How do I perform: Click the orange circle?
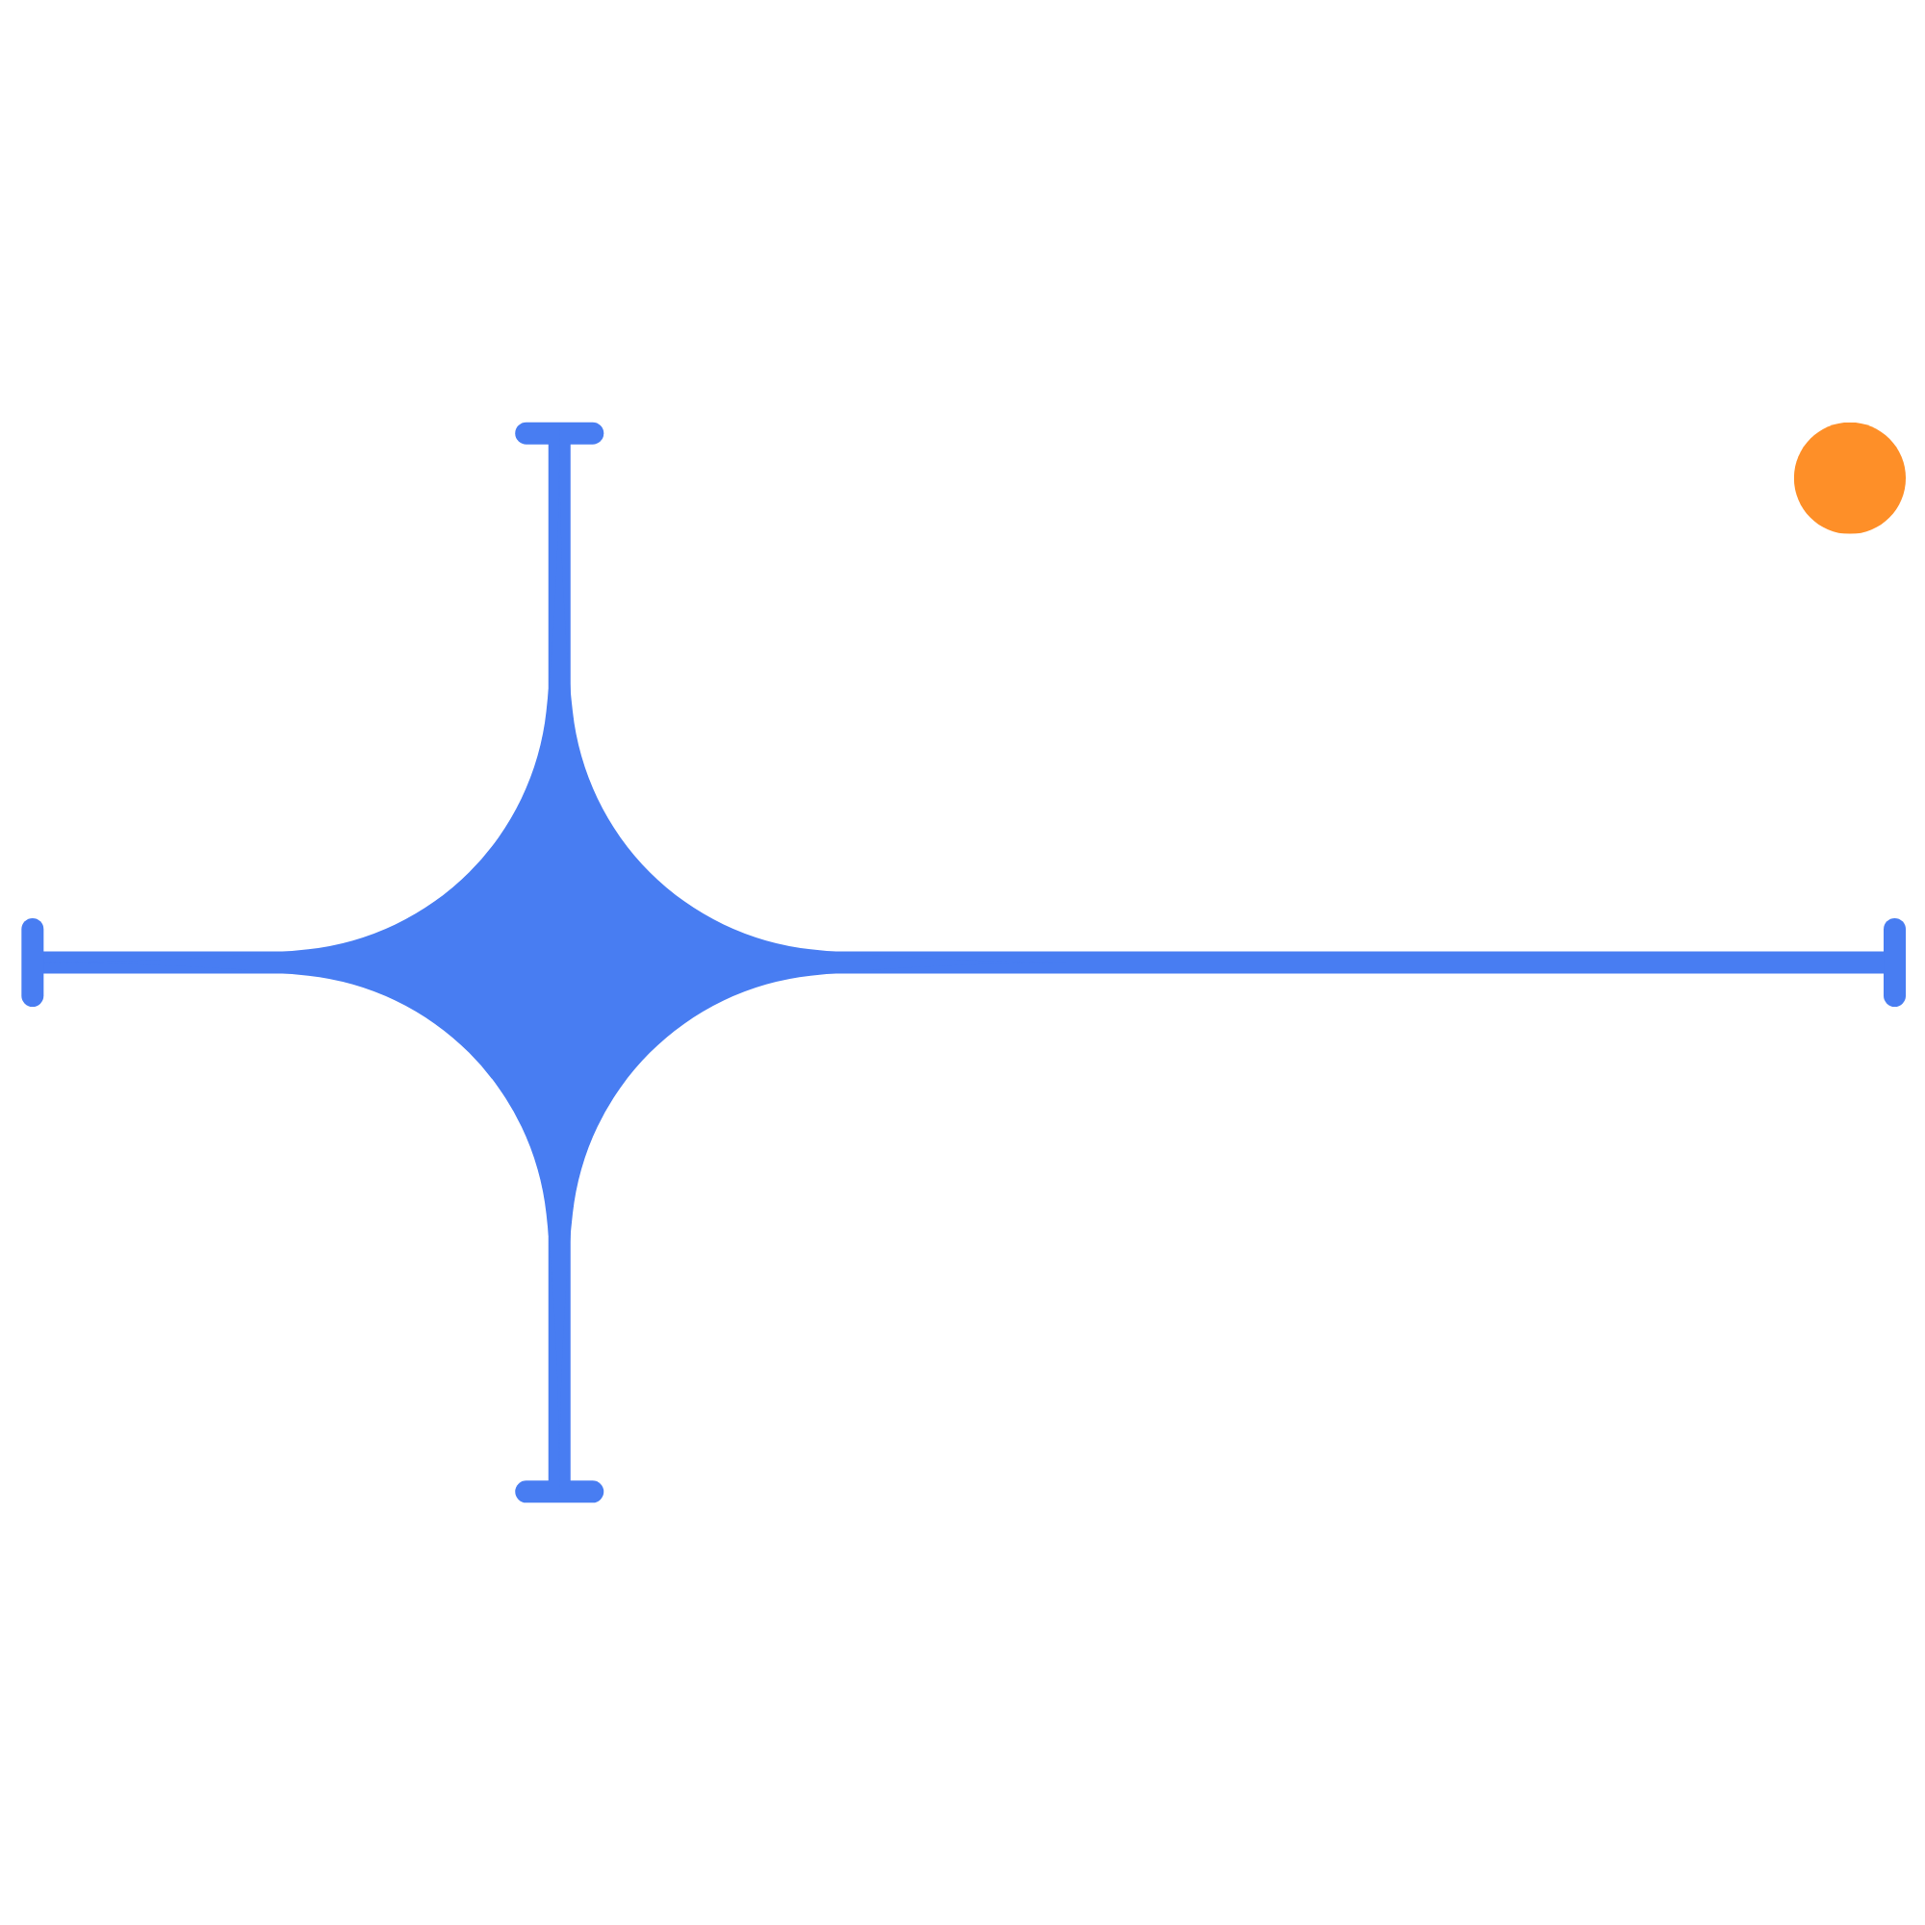point(1849,477)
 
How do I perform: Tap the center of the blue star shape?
point(559,962)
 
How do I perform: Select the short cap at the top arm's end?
point(559,432)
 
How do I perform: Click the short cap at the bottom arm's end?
point(559,1492)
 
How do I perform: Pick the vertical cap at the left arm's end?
point(32,962)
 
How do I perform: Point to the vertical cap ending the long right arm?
point(1894,962)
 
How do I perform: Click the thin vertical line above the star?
point(559,558)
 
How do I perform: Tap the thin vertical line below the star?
point(559,1365)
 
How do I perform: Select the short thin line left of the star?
point(160,962)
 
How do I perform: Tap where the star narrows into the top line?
point(559,698)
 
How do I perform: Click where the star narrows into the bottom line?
point(559,1227)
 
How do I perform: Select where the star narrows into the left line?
point(289,962)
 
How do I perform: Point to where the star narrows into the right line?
point(829,962)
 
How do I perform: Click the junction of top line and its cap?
point(559,445)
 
